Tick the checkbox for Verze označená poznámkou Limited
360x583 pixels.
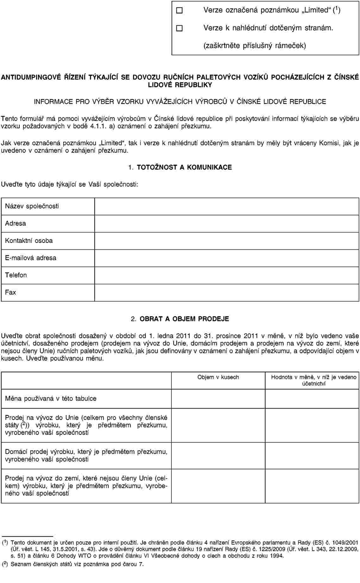click(179, 10)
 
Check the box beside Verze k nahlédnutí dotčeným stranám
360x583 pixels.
click(179, 28)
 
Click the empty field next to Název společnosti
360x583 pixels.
click(227, 206)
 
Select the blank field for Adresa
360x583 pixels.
click(227, 224)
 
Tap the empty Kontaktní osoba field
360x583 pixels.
click(227, 241)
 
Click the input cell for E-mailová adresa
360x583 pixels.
click(227, 258)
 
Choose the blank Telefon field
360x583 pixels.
click(227, 275)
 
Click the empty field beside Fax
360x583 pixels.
click(227, 292)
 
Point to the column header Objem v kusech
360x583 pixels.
click(218, 377)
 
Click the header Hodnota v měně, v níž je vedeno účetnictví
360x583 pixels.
click(313, 380)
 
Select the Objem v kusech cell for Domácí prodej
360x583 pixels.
click(218, 456)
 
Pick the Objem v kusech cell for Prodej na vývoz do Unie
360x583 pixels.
click(218, 425)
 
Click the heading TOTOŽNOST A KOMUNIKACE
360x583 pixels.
click(184, 167)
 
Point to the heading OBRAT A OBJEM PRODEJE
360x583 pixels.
click(184, 319)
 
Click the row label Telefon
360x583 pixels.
click(16, 275)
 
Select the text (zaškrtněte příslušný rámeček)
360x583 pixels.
click(254, 46)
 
